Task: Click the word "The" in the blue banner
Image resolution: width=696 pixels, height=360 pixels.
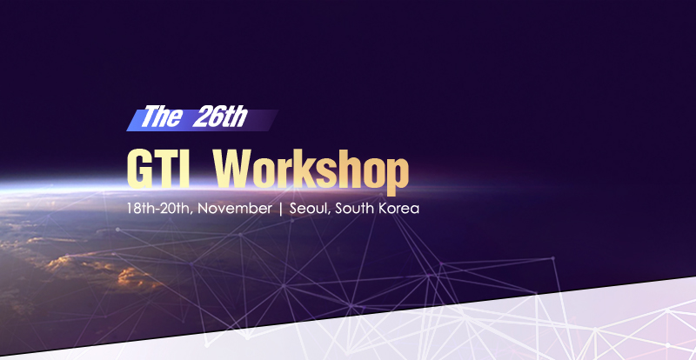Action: (162, 117)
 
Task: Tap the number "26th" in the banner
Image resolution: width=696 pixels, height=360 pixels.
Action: (220, 117)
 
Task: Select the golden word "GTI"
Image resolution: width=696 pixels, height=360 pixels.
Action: (159, 169)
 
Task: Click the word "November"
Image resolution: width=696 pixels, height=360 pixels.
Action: (235, 208)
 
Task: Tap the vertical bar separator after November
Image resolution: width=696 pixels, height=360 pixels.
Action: (280, 209)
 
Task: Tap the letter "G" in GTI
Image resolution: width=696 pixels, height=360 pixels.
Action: (140, 169)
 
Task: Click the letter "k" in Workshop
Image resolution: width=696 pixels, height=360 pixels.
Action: (311, 169)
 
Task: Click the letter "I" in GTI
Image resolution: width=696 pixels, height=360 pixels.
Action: (185, 169)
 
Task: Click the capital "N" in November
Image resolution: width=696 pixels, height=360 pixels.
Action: (203, 208)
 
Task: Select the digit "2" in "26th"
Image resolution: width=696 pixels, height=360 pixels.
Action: (200, 117)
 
